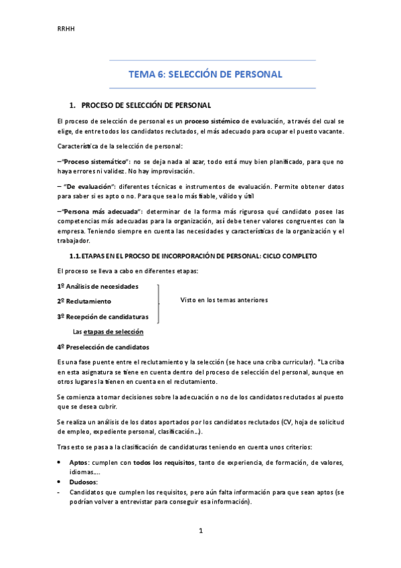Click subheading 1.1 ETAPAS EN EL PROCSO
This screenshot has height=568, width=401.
[193, 257]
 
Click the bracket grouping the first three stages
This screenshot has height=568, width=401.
[158, 301]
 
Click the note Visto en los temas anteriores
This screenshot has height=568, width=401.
[224, 300]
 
